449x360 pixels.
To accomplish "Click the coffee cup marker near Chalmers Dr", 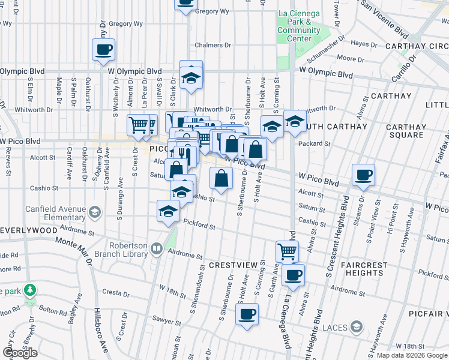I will coord(103,49).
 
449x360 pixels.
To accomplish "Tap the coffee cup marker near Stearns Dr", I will coord(363,175).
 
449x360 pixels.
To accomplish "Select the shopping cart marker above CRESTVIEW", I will coord(287,251).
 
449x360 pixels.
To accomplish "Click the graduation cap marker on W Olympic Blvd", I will coord(191,78).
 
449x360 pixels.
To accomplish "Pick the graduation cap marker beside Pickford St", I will coord(169,211).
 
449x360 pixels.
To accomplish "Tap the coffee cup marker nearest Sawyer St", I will coord(246,313).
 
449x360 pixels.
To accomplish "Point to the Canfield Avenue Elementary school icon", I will coord(94,212).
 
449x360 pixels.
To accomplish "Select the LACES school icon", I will coord(357,326).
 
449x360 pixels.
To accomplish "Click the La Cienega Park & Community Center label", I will coord(299,26).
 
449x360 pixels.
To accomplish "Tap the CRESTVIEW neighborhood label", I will coord(233,265).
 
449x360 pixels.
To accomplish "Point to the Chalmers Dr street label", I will coord(213,45).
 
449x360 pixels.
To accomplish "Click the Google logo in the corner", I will coord(20,353).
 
